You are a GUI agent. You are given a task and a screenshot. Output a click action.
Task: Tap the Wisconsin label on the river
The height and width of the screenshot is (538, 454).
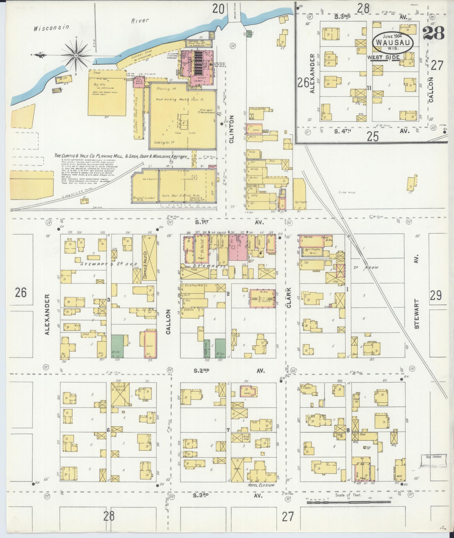pyautogui.click(x=51, y=28)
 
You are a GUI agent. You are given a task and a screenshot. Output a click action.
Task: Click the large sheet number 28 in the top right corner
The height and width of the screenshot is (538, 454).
pyautogui.click(x=433, y=33)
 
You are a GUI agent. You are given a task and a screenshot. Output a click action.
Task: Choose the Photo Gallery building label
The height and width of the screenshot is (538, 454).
pyautogui.click(x=258, y=109)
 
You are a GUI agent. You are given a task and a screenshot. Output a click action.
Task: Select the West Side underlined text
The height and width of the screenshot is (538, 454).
pyautogui.click(x=383, y=57)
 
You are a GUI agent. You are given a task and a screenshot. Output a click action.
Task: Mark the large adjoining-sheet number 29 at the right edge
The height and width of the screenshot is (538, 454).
pyautogui.click(x=435, y=296)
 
